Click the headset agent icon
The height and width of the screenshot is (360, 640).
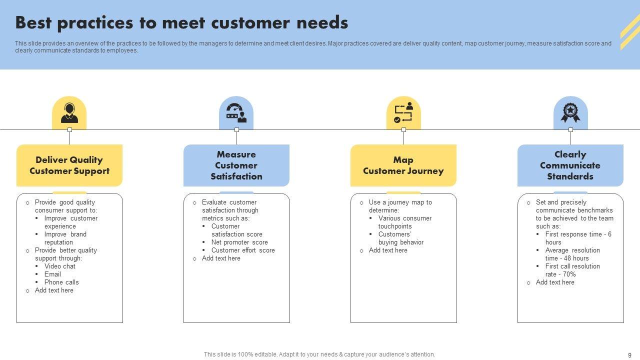coord(69,113)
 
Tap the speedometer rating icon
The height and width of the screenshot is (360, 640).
coord(236,113)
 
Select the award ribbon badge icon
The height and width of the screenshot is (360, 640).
coord(570,113)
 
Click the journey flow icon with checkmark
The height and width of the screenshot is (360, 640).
coord(403,112)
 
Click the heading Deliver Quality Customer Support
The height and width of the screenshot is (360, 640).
coord(69,165)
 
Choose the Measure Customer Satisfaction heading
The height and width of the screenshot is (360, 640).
coord(236,165)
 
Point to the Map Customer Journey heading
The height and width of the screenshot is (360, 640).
coord(403,165)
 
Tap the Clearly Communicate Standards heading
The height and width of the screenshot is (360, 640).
coord(570,165)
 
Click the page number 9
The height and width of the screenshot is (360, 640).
coord(629,355)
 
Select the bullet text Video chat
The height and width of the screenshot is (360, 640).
coord(59,266)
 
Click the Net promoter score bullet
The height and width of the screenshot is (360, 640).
coord(239,242)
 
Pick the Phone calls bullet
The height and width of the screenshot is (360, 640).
coord(61,282)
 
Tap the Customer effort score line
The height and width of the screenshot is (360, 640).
coord(243,250)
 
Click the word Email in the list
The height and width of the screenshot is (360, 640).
coord(52,274)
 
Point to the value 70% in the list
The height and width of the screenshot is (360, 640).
coord(569,274)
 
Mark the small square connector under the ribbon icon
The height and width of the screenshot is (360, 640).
coord(570,129)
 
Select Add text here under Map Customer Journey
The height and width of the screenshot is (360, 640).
coord(388,250)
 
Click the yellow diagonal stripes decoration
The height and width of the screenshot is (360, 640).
coord(630,31)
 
